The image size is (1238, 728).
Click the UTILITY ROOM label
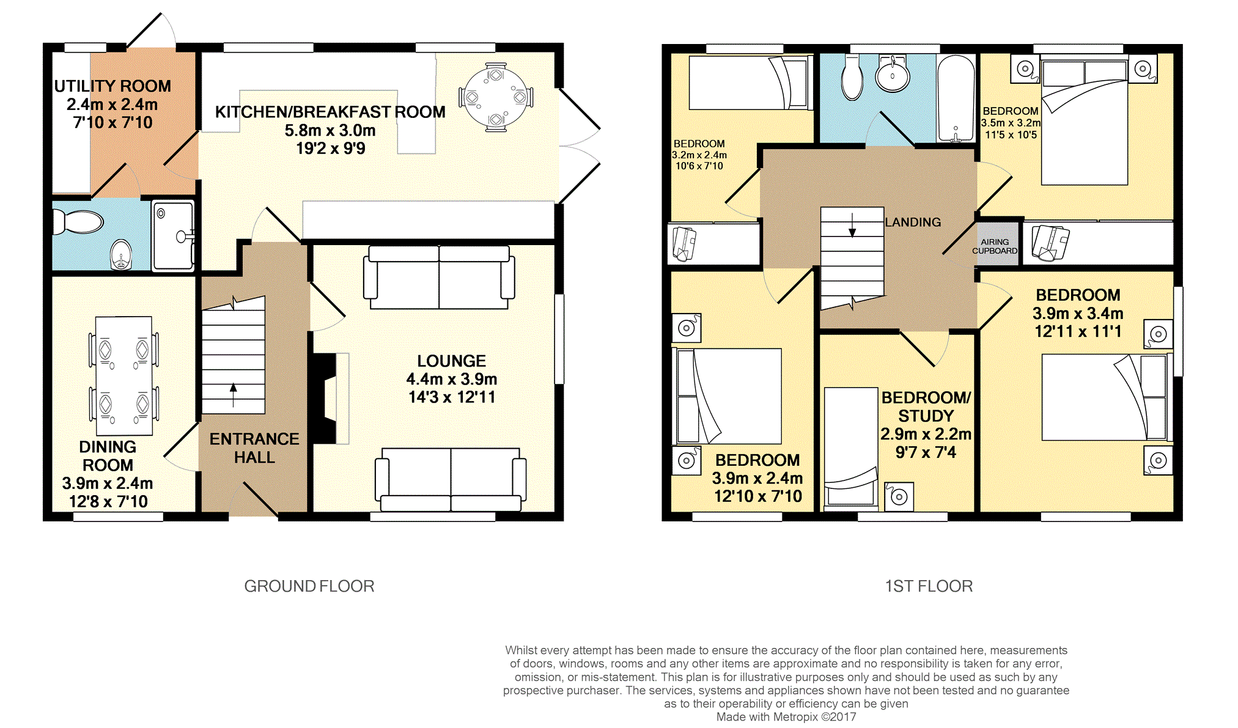[112, 86]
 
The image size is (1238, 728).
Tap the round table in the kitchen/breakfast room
[496, 97]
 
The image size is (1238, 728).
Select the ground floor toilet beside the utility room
[78, 222]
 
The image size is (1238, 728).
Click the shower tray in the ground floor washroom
[173, 235]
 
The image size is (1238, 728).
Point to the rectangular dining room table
[124, 375]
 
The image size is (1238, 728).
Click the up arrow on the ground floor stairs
[233, 395]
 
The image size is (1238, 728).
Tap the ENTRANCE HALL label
[254, 448]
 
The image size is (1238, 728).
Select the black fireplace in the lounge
[323, 398]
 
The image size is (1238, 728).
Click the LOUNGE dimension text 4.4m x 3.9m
[452, 379]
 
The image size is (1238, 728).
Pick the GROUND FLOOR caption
[309, 586]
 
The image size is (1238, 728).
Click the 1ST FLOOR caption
[929, 586]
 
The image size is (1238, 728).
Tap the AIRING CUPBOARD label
[995, 246]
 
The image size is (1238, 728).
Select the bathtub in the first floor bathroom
[956, 98]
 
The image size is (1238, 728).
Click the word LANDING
[913, 222]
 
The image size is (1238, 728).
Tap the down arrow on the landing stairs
[852, 224]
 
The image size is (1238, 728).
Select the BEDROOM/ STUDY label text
[926, 406]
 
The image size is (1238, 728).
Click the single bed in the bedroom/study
[851, 447]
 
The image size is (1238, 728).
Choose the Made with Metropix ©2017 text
[786, 717]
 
